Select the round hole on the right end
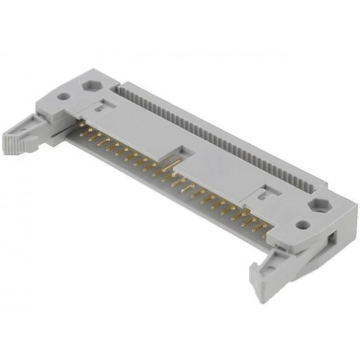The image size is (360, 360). [x=303, y=226]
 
